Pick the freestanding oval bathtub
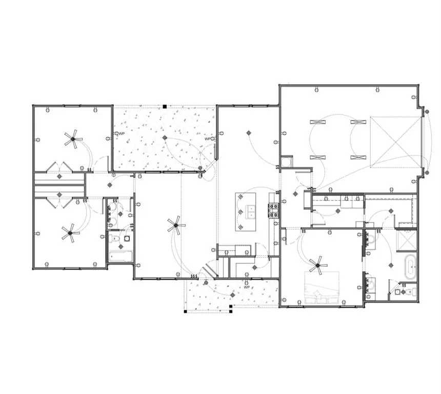[x=410, y=267]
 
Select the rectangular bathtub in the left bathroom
[x=121, y=255]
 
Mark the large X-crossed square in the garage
[x=396, y=142]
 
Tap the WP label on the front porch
[x=247, y=287]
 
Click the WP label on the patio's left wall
[x=122, y=133]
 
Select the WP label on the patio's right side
[x=208, y=139]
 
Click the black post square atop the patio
[x=164, y=107]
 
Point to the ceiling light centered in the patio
[x=165, y=138]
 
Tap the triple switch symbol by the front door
[x=194, y=277]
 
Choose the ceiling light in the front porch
[x=232, y=296]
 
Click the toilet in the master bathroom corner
[x=408, y=292]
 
